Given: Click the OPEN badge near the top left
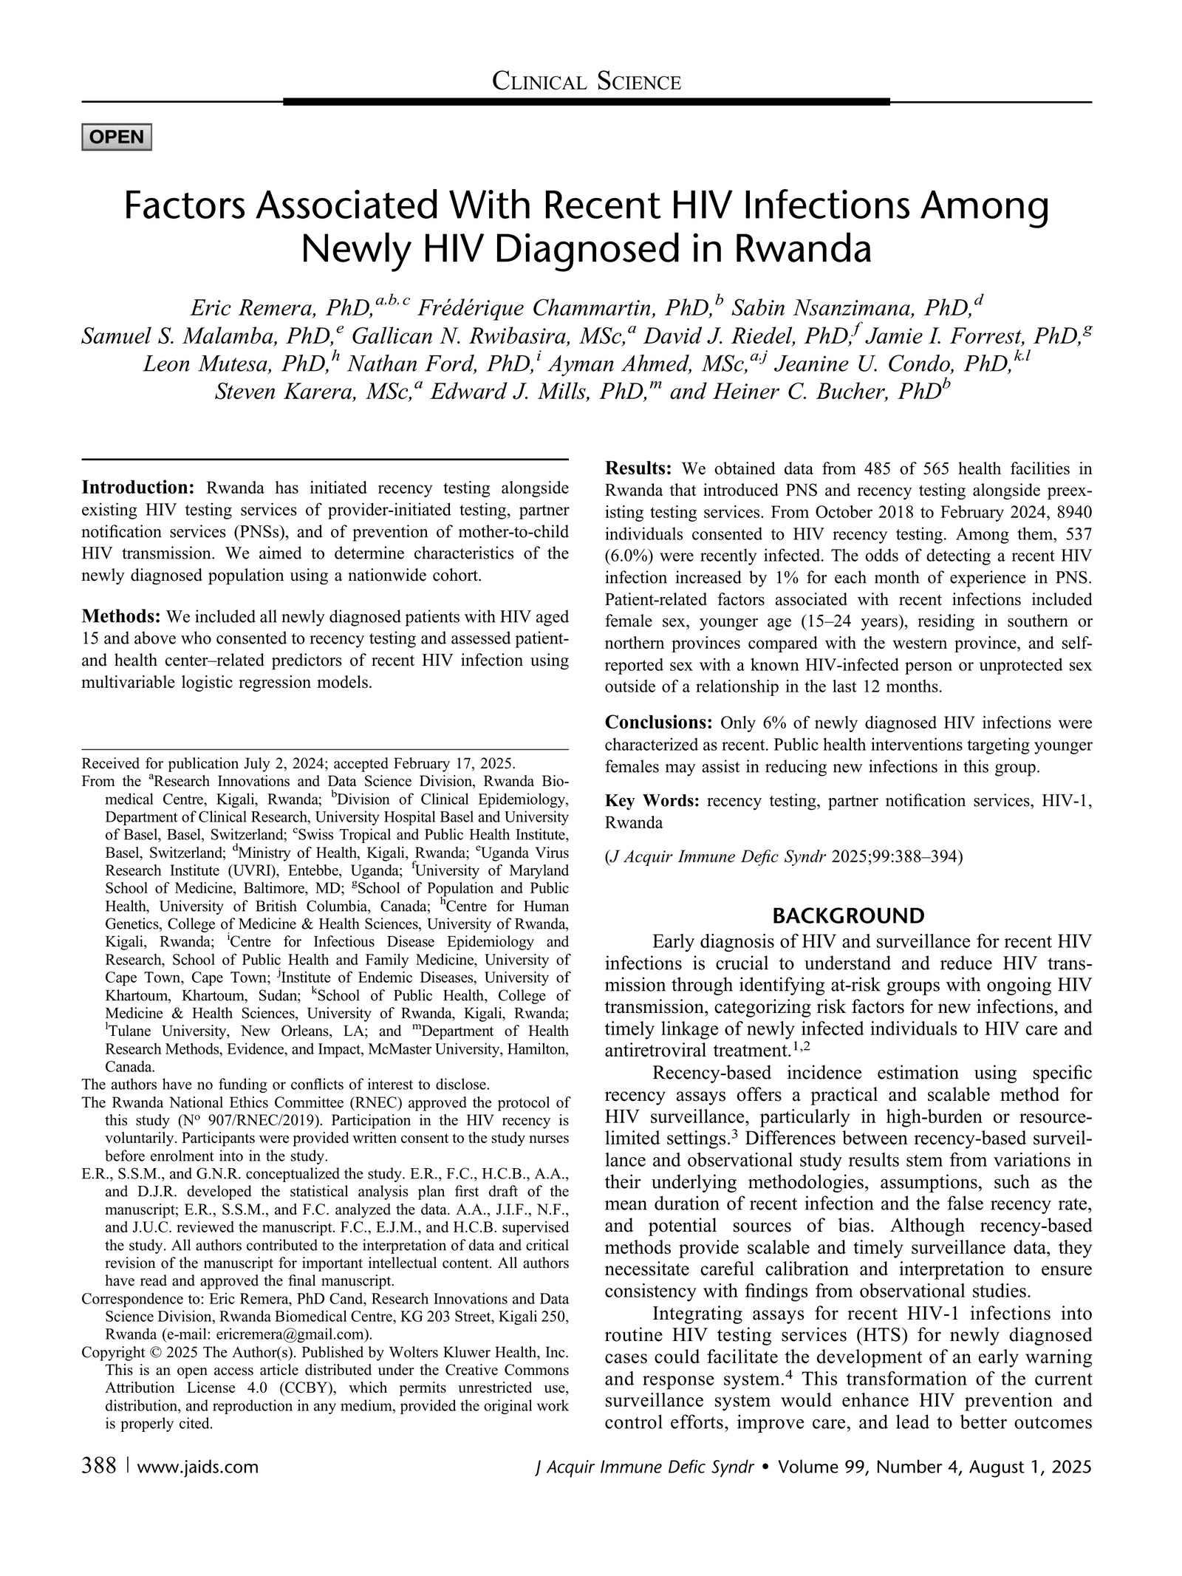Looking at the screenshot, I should pos(116,137).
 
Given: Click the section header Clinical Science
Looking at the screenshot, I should pos(586,82).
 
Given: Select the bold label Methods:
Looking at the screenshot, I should pos(122,616).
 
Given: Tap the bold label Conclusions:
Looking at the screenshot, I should pos(657,722).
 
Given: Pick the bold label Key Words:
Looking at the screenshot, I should pos(652,801).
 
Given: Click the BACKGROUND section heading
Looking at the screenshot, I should pos(847,917).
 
